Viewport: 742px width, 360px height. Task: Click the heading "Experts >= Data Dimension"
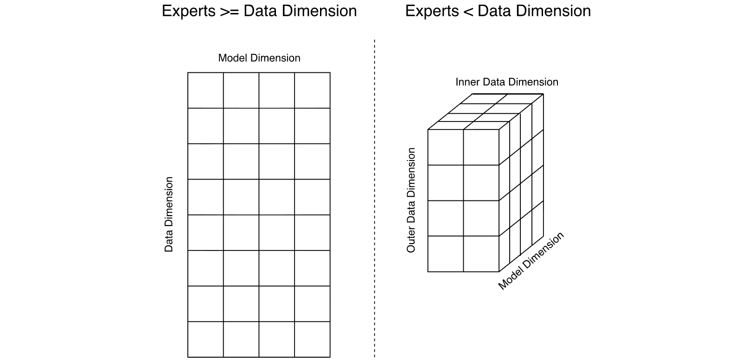(259, 11)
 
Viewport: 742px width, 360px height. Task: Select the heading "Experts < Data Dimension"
(498, 11)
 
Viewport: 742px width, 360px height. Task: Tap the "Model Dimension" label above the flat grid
(259, 58)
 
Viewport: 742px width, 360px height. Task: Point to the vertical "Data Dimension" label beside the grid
(169, 214)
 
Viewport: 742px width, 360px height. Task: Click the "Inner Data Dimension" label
(507, 82)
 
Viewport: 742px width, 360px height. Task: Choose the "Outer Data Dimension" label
(411, 200)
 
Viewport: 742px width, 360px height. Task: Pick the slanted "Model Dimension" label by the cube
(531, 261)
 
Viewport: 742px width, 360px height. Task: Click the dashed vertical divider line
(375, 198)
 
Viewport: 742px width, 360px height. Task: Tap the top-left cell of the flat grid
(205, 90)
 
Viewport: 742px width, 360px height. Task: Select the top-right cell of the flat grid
(313, 90)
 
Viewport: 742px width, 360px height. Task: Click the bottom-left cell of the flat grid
(205, 339)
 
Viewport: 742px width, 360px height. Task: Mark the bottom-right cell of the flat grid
(313, 339)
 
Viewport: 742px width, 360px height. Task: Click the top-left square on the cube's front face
(446, 147)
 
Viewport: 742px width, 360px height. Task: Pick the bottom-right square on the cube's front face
(481, 254)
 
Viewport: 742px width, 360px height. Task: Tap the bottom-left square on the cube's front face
(446, 254)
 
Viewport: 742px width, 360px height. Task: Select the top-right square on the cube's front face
(481, 147)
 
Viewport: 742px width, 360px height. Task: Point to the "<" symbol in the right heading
(468, 12)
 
